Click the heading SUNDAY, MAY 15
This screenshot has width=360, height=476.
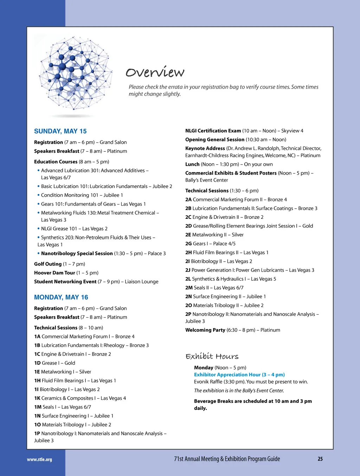60,131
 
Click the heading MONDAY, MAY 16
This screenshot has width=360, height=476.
61,297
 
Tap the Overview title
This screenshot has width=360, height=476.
155,72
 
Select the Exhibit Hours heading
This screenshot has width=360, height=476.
212,356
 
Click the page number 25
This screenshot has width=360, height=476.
320,459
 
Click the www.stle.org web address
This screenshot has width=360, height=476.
39,459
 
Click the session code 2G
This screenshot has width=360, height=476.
188,243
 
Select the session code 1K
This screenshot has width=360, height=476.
37,398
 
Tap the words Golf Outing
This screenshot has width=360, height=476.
48,264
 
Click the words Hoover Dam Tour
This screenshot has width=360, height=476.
54,273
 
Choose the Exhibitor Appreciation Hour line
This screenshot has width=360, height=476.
239,374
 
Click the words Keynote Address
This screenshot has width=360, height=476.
205,148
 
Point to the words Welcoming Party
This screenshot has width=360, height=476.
205,330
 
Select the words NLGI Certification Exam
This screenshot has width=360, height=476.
213,131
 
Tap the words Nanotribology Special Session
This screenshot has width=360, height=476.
77,253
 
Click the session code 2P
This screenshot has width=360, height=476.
188,314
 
